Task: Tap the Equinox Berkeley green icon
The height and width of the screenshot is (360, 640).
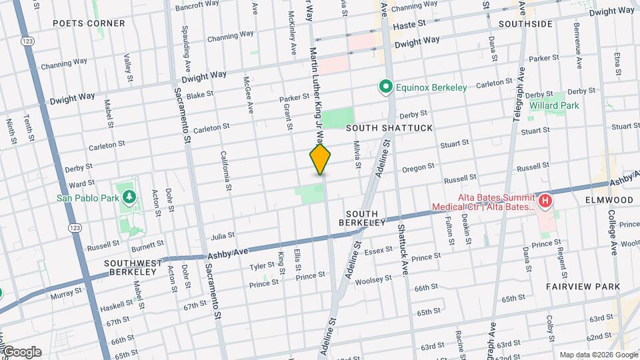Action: tap(385, 87)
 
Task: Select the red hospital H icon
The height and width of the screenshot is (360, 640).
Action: tap(545, 200)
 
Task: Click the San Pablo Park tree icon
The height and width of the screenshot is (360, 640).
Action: tap(129, 197)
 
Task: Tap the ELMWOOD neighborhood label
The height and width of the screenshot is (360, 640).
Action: tap(609, 199)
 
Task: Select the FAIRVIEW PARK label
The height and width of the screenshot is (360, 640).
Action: tap(583, 286)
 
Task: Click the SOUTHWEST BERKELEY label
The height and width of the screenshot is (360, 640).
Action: tap(133, 268)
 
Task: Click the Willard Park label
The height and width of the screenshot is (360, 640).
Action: tap(554, 105)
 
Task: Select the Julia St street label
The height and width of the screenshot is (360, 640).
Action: tap(223, 236)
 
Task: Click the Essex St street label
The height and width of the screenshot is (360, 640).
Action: tap(378, 250)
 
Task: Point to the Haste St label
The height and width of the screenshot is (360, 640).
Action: tap(409, 24)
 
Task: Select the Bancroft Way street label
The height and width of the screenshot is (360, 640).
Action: tap(197, 6)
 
